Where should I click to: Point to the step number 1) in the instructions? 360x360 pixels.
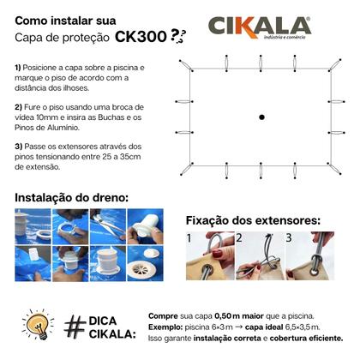click(19, 66)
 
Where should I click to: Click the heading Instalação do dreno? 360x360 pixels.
click(71, 197)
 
